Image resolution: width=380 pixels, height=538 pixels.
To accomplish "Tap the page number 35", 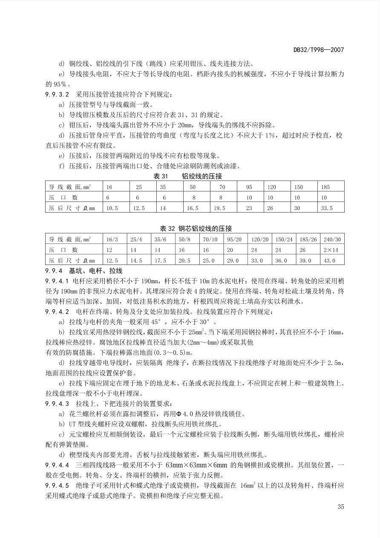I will click(x=340, y=506).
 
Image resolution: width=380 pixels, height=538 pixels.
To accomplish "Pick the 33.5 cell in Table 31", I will click(x=326, y=208).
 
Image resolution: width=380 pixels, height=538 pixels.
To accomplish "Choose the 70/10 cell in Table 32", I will click(x=210, y=239).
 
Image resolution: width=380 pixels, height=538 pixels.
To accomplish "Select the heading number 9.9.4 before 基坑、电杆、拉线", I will click(x=54, y=271).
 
